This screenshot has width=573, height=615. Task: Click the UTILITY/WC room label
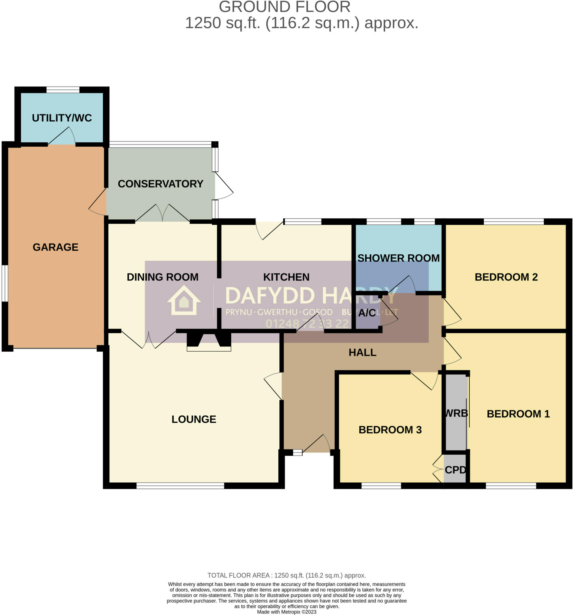(62, 118)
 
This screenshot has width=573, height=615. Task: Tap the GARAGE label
(55, 247)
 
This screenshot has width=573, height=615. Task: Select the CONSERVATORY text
(160, 184)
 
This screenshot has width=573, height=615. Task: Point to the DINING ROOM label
(163, 277)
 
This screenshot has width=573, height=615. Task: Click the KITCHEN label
(286, 277)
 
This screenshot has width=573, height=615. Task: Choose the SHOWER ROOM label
(398, 258)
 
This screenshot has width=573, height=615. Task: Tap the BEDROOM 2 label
(506, 277)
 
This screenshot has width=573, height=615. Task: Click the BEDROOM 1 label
(518, 414)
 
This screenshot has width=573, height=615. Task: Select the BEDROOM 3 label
(390, 429)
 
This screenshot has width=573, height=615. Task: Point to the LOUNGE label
(194, 419)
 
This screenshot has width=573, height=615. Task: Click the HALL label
(362, 352)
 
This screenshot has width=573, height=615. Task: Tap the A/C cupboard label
(367, 313)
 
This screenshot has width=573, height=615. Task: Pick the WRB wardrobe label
(456, 413)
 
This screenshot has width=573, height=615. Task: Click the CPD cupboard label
(455, 470)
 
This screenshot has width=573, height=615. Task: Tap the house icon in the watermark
(184, 300)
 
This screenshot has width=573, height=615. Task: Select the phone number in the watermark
(307, 324)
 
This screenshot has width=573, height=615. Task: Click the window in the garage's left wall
(5, 283)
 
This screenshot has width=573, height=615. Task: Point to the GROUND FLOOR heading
(285, 7)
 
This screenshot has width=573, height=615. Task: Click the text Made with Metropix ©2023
(286, 612)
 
